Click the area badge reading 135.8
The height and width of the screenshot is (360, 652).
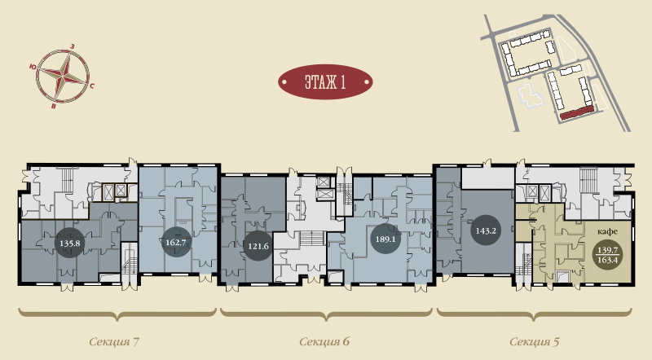[x=70, y=243]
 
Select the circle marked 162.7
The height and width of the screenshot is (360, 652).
[x=176, y=242]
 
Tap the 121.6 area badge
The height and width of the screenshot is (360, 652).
[x=258, y=246]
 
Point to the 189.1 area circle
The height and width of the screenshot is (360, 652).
[x=385, y=239]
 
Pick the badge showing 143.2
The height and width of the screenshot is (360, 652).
[x=486, y=230]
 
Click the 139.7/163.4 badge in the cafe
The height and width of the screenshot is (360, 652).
[x=607, y=255]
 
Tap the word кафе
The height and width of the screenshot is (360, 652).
[x=607, y=231]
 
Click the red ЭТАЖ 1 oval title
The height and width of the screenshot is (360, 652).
[x=325, y=82]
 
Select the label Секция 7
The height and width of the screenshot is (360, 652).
[x=114, y=342]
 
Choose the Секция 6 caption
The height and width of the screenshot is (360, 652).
[x=324, y=342]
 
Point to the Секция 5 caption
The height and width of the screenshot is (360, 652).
[x=535, y=342]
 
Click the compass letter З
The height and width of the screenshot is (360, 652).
[x=73, y=46]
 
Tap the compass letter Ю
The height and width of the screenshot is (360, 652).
[x=33, y=67]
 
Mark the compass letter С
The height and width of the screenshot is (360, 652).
[x=92, y=86]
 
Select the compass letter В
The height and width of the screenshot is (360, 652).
[x=53, y=107]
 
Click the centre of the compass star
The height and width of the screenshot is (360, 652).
[x=63, y=76]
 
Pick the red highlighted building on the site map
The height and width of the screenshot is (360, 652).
[x=576, y=113]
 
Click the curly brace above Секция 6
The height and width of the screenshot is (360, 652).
[x=326, y=314]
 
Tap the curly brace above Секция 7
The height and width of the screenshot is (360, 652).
[x=117, y=314]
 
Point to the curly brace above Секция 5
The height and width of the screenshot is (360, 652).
[x=535, y=314]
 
